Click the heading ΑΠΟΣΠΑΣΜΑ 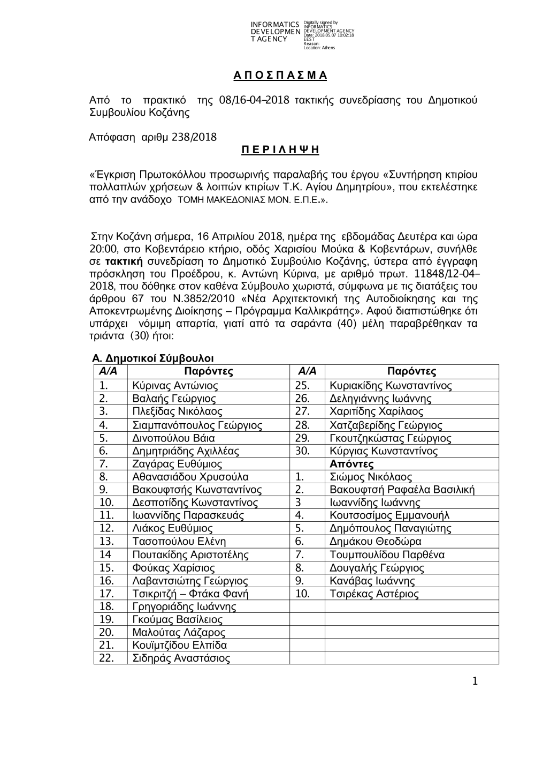point(280,76)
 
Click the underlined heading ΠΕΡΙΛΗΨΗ point(280,150)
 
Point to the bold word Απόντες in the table point(351,464)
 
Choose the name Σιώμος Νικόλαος point(371,477)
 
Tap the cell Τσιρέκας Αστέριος point(374,594)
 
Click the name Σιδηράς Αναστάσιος point(181,658)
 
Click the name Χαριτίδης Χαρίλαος point(376,411)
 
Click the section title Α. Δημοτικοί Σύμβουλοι point(153,358)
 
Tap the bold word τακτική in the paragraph point(124,261)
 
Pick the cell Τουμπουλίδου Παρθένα point(387,554)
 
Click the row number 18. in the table point(107,606)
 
